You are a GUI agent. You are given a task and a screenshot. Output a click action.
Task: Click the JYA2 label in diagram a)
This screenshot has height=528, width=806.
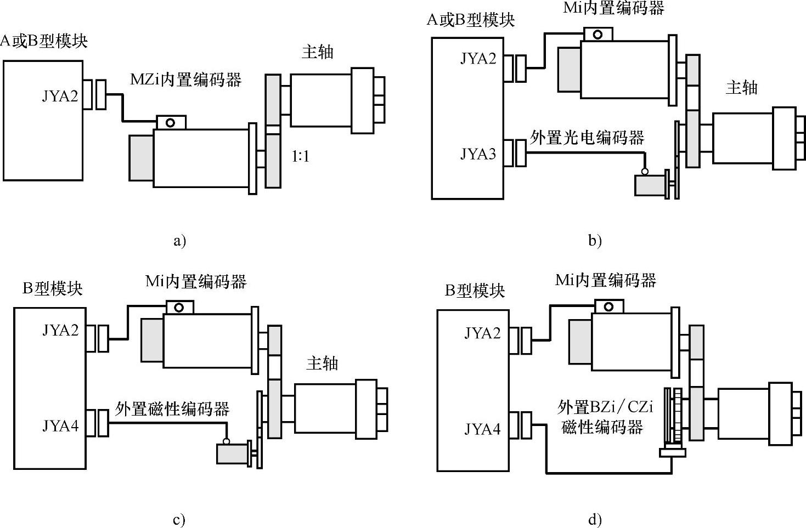[60, 96]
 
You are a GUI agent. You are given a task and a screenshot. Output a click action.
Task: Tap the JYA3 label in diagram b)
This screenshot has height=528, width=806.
[478, 154]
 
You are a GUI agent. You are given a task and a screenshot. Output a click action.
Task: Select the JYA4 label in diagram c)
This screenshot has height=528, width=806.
[60, 425]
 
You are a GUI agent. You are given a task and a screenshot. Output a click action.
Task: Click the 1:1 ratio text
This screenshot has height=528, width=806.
[300, 157]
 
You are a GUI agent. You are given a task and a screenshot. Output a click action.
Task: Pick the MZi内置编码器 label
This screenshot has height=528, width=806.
[185, 80]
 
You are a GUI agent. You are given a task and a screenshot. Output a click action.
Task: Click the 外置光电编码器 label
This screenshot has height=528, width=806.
[587, 137]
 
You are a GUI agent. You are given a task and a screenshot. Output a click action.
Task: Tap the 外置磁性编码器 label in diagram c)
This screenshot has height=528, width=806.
[172, 408]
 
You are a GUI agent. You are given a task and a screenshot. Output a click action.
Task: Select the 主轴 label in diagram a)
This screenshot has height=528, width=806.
[317, 52]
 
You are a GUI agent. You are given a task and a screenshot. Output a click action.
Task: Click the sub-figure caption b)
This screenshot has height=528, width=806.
[595, 240]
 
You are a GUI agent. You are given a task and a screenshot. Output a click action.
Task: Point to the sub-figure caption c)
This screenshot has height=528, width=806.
[179, 520]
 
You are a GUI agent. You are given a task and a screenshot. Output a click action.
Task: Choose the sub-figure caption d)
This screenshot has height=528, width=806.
[595, 520]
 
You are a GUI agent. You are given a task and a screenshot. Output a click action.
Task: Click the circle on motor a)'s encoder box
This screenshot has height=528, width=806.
[171, 122]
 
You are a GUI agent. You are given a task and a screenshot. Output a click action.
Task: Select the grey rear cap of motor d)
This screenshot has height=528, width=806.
[580, 341]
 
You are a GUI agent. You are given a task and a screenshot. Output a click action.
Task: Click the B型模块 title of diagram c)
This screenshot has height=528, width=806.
[52, 288]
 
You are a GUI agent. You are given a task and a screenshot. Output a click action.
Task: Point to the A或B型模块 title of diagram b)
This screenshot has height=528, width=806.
[471, 20]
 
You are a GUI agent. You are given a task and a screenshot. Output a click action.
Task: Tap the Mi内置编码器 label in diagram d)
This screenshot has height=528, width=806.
[605, 280]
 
